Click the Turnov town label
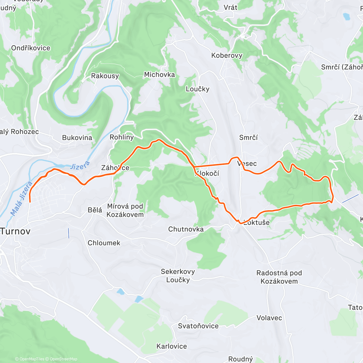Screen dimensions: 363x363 [x=16, y=231]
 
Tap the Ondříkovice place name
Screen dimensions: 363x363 [x=31, y=48]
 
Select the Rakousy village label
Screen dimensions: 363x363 [x=105, y=76]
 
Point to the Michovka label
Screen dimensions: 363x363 [x=159, y=74]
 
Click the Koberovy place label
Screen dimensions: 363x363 [x=227, y=55]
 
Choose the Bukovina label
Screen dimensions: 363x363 [x=77, y=138]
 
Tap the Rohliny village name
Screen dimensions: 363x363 [x=122, y=137]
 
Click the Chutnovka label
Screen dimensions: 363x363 [x=186, y=229]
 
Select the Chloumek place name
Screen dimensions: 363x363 [x=104, y=243]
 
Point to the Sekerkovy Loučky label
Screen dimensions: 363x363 [x=178, y=276]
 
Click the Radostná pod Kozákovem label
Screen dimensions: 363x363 [x=279, y=277]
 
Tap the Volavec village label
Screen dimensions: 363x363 [x=269, y=318]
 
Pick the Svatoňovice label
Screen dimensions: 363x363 [x=198, y=326]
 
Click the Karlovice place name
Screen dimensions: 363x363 [x=172, y=346]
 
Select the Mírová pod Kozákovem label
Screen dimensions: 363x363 [x=125, y=210]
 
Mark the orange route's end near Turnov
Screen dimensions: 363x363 [x=30, y=201]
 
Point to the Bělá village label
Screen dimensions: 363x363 [x=95, y=210]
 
